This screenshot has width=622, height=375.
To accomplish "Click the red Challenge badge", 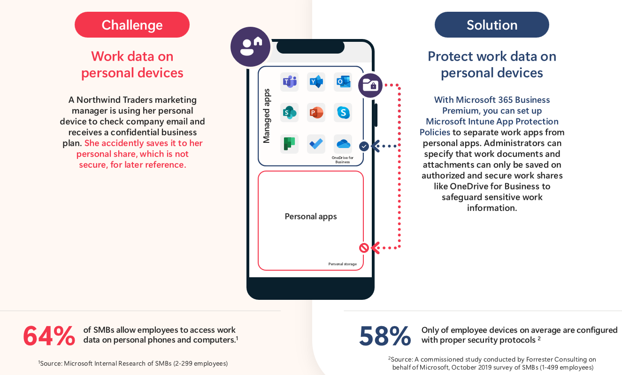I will pyautogui.click(x=132, y=25).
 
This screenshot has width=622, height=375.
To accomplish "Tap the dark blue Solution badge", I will pyautogui.click(x=491, y=25).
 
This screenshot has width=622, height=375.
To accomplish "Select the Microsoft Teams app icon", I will pyautogui.click(x=289, y=82).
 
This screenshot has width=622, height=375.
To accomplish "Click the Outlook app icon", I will pyautogui.click(x=343, y=82).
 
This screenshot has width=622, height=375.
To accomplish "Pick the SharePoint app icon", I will pyautogui.click(x=289, y=113).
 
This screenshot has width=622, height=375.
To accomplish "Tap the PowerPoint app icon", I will pyautogui.click(x=316, y=113).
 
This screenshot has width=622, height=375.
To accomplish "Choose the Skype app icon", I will pyautogui.click(x=343, y=113).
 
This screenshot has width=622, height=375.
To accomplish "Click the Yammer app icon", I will pyautogui.click(x=316, y=82).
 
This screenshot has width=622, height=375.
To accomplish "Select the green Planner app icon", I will pyautogui.click(x=289, y=144).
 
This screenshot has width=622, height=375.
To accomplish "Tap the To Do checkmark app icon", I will pyautogui.click(x=316, y=144).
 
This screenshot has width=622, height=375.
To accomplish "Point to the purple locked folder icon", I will pyautogui.click(x=370, y=86).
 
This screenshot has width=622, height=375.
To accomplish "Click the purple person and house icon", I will pyautogui.click(x=250, y=47).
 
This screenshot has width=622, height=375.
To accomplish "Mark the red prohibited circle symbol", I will pyautogui.click(x=364, y=248).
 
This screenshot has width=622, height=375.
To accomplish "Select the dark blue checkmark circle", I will pyautogui.click(x=364, y=146).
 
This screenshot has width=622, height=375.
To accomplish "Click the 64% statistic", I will pyautogui.click(x=49, y=336).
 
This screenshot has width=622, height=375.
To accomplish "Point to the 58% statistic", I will pyautogui.click(x=385, y=336).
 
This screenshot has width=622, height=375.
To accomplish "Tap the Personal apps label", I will pyautogui.click(x=311, y=217).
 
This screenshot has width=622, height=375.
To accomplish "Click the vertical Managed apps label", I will pyautogui.click(x=267, y=116).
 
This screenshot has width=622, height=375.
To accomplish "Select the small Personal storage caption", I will pyautogui.click(x=342, y=264).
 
